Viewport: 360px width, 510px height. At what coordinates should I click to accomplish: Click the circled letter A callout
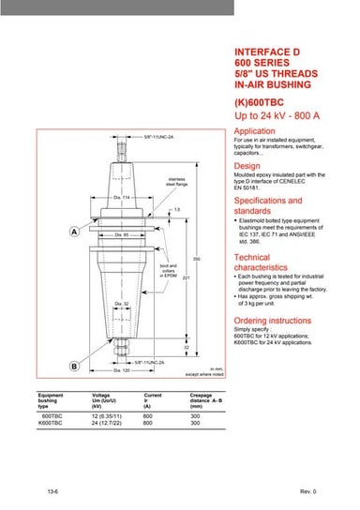point(47,231)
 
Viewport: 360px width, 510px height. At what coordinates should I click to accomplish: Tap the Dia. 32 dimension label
point(121,304)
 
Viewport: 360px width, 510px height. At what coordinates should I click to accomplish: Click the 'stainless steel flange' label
point(178,181)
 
